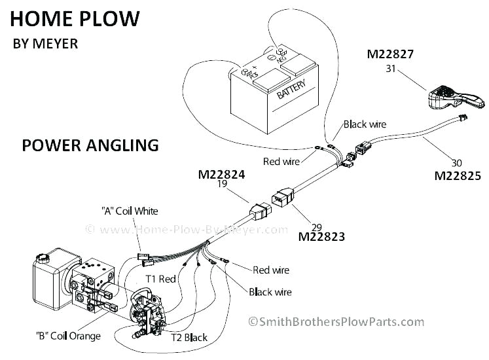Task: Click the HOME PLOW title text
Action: tap(75, 18)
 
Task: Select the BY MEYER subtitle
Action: tap(45, 45)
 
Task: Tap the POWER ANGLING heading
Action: tap(90, 145)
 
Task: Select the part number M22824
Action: tap(222, 175)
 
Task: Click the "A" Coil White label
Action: tap(130, 211)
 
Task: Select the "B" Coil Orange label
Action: tap(68, 336)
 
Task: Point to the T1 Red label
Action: tap(160, 279)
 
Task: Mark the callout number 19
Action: tap(222, 186)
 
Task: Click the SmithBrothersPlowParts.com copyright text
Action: tap(336, 321)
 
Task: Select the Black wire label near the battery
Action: tap(365, 124)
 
